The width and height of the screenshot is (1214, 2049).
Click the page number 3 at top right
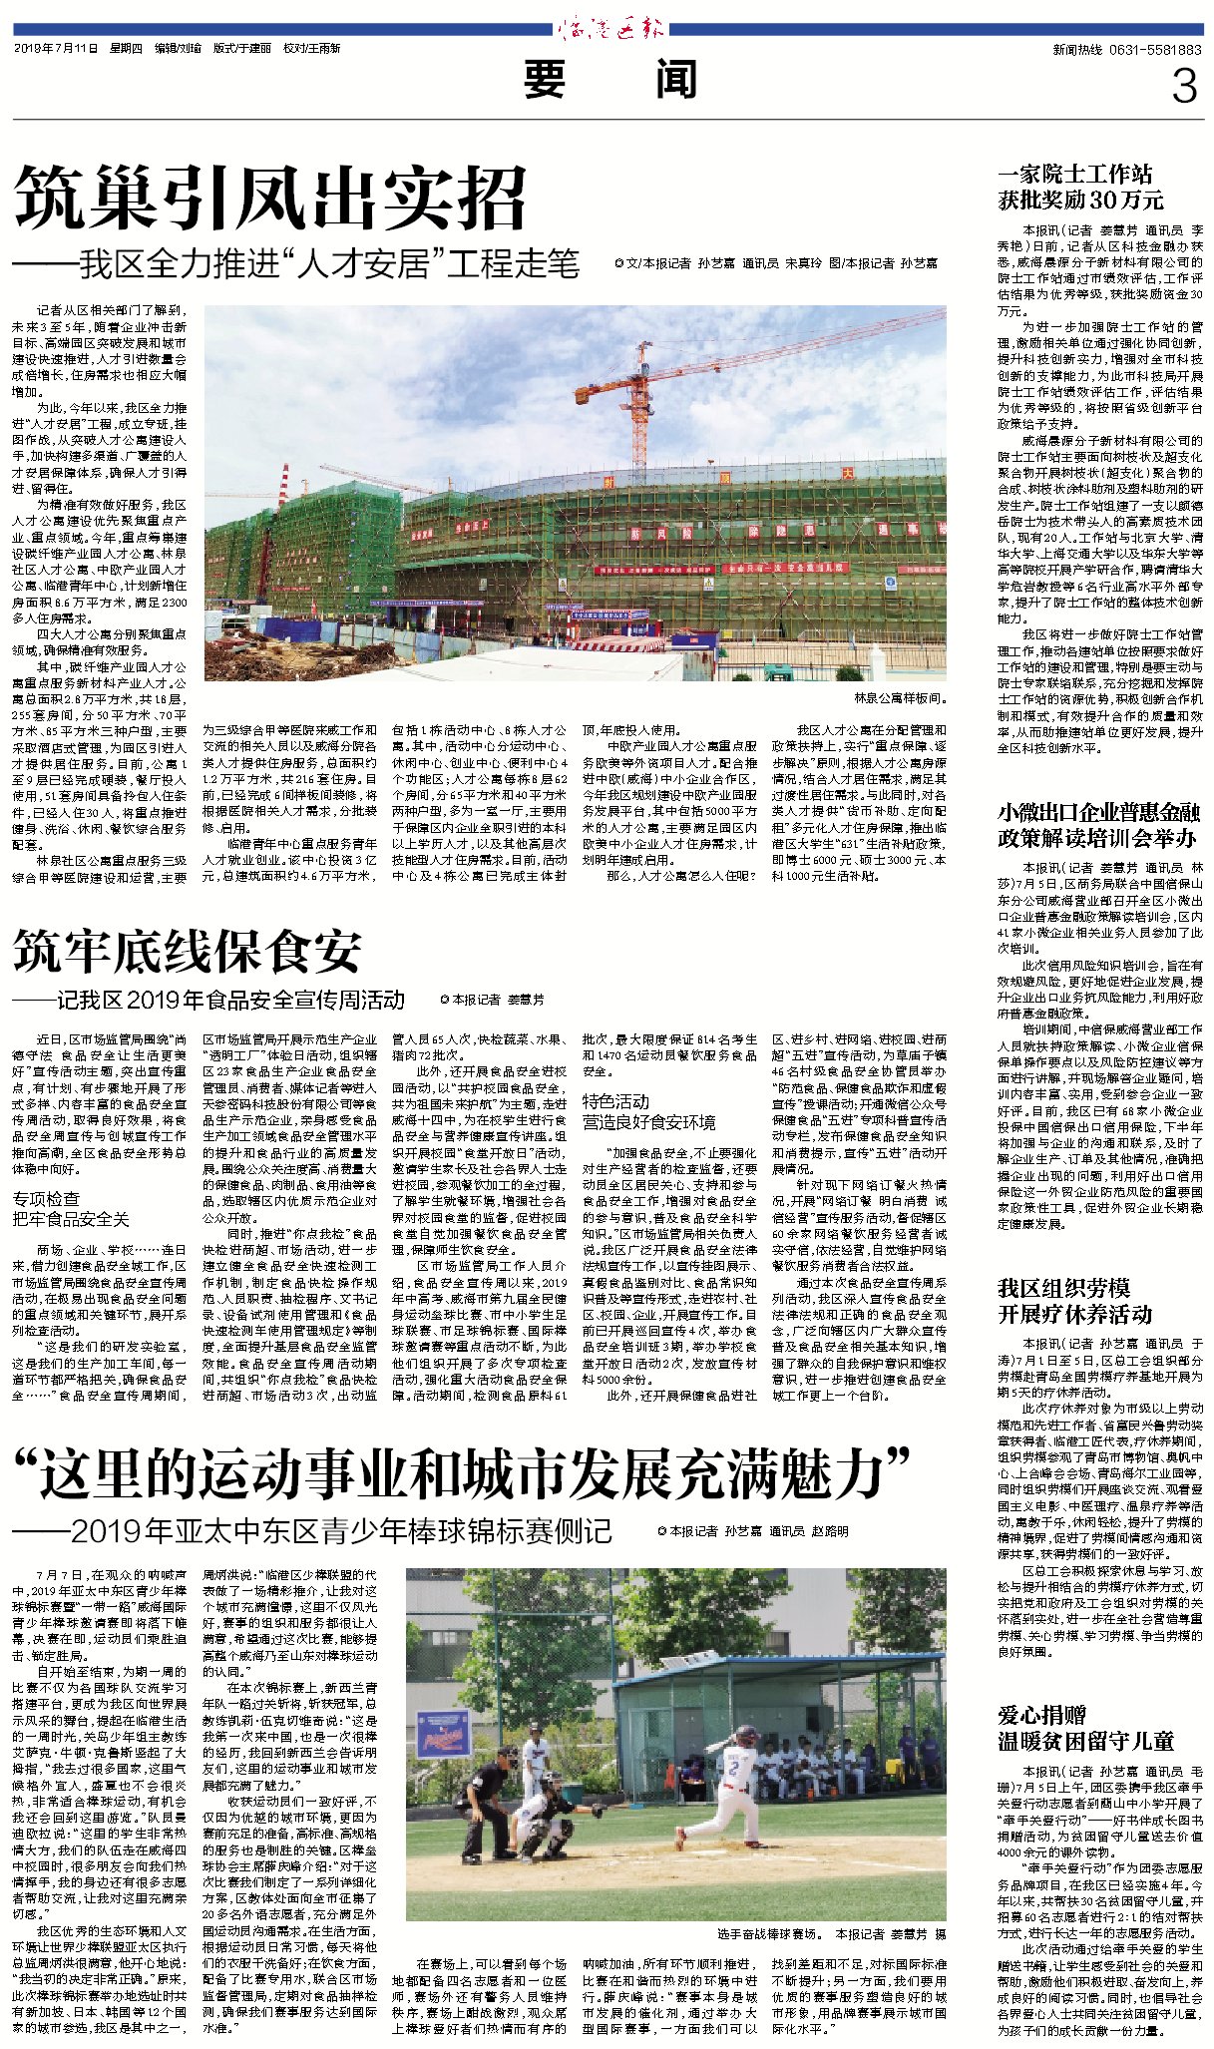[x=1183, y=87]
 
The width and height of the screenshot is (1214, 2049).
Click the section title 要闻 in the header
[x=609, y=80]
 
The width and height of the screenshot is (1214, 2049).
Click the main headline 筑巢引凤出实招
[x=270, y=199]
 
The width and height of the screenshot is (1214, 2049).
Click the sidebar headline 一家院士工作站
[x=1075, y=174]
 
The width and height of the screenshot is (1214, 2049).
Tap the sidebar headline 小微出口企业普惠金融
[x=1098, y=812]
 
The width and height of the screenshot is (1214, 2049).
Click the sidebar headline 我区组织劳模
[x=1063, y=1288]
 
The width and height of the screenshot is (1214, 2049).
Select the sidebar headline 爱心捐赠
[x=1042, y=1715]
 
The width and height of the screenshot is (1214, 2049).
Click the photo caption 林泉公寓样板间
[x=899, y=698]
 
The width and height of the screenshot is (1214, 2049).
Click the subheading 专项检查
[x=46, y=1198]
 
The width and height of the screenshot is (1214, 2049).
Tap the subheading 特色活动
[x=615, y=1101]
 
